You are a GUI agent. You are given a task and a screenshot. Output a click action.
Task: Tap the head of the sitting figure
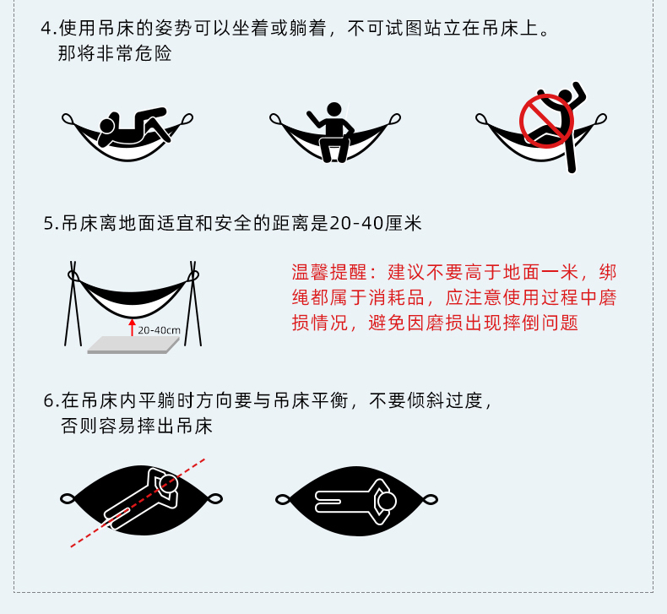[x=334, y=109]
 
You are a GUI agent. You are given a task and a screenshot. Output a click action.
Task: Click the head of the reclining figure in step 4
[x=106, y=126]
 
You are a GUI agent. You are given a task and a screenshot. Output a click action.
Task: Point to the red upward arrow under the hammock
[x=133, y=327]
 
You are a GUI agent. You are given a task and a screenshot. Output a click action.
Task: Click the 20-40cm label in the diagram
[x=159, y=330]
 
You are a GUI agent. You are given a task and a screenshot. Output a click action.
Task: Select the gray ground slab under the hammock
[x=133, y=345]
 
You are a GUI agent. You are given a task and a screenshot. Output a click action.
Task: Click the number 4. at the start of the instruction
[x=48, y=29]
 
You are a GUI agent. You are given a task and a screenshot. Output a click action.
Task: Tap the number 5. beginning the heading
[x=51, y=224]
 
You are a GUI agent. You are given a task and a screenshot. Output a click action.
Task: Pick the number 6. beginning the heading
[x=51, y=401]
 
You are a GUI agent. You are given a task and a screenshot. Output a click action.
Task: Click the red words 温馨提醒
[x=328, y=272]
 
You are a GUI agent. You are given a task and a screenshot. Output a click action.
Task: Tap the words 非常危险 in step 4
[x=134, y=54]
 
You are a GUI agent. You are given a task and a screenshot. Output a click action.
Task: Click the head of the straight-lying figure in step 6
[x=387, y=501]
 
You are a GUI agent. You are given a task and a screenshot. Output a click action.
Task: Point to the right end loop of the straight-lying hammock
[x=430, y=499]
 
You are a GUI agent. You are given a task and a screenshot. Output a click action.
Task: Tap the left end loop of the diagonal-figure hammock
[x=68, y=498]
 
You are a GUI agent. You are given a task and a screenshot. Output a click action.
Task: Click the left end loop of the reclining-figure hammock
[x=68, y=119]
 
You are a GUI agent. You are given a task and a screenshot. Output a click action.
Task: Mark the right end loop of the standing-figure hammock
[x=600, y=119]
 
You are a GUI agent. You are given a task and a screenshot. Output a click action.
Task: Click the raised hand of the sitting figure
[x=310, y=114]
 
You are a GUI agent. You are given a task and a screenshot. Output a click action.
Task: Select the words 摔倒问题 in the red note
[x=540, y=323]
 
